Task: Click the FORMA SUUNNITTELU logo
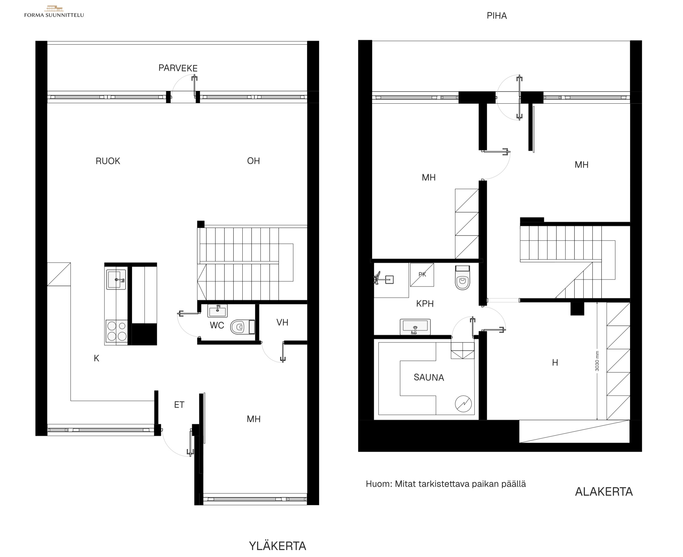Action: [x=54, y=12]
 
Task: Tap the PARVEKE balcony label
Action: [x=178, y=68]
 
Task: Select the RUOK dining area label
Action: [x=108, y=161]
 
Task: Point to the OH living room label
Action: [x=253, y=161]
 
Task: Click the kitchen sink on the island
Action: [x=116, y=279]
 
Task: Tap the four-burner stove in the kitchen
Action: [x=117, y=331]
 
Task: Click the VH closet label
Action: [x=282, y=323]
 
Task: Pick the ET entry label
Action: [x=179, y=405]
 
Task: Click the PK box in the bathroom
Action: [x=422, y=275]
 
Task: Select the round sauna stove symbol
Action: [x=463, y=404]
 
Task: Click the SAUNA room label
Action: [x=429, y=378]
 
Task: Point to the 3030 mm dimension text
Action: [x=597, y=361]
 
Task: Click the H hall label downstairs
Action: [x=555, y=363]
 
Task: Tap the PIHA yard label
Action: [x=496, y=16]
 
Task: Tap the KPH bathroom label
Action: [x=425, y=304]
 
